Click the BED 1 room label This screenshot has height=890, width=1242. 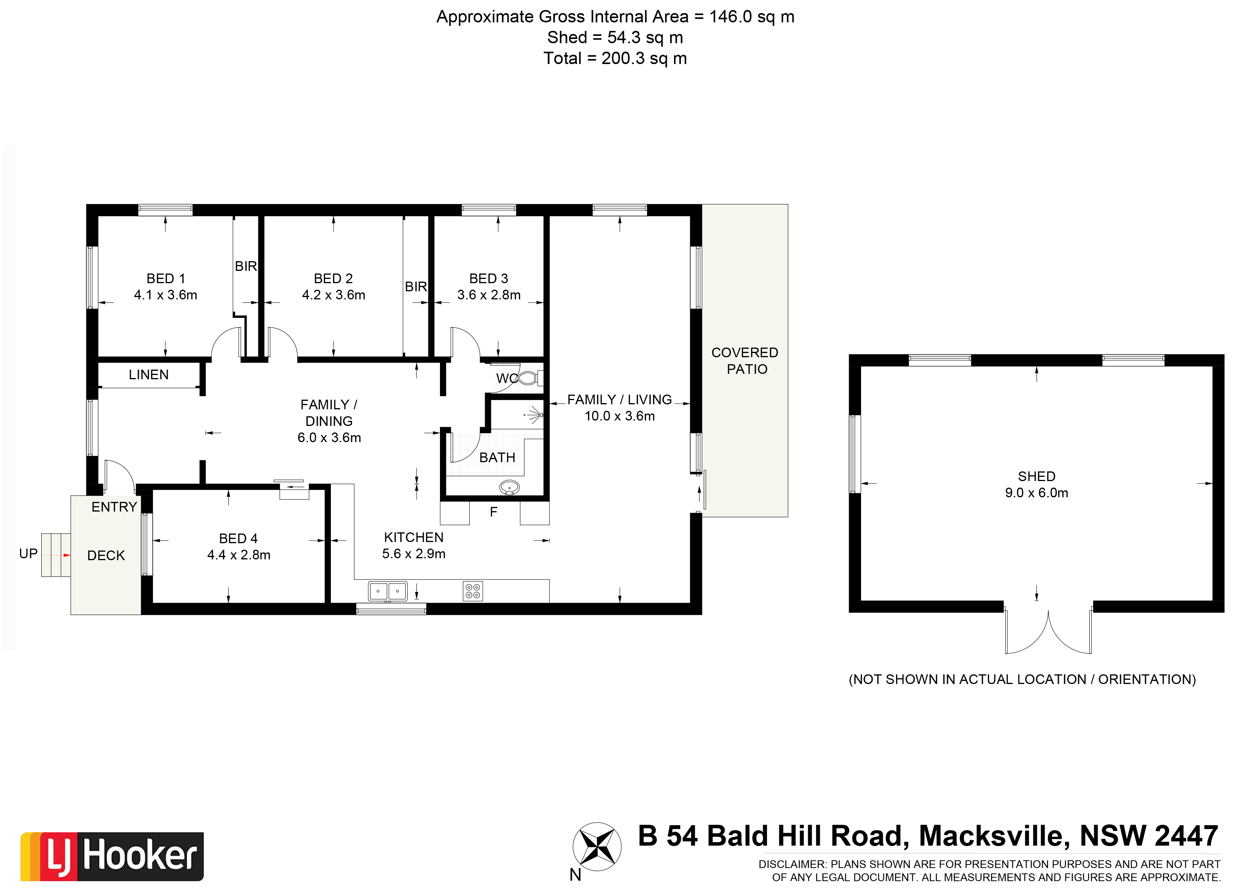[165, 279]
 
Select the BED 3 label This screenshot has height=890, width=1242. [489, 279]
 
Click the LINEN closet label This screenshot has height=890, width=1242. [148, 375]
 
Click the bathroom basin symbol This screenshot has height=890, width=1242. [510, 486]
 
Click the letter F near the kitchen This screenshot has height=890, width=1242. [494, 512]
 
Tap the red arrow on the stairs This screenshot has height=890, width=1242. [67, 555]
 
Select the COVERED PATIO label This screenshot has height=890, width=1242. [745, 361]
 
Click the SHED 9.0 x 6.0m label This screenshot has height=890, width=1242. [1036, 485]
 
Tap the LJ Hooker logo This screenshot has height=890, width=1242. [112, 856]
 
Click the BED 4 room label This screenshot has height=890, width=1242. [238, 539]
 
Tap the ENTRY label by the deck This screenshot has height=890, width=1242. [114, 507]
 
